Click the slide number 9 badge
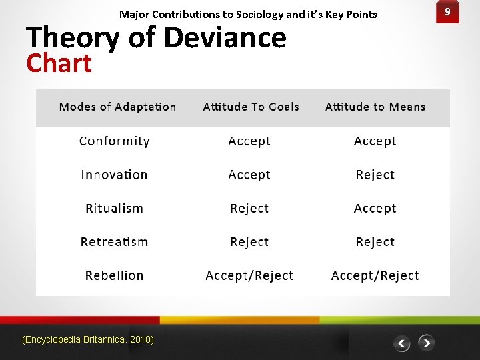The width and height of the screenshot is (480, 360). (x=447, y=13)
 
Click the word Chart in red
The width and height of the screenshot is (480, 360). (x=59, y=63)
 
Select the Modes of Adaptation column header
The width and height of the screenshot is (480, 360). (x=117, y=107)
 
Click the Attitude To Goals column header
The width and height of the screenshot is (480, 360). (x=251, y=107)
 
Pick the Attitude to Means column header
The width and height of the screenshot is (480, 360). (x=375, y=107)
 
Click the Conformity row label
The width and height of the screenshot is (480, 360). (x=115, y=141)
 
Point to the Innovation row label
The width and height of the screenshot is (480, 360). (x=114, y=175)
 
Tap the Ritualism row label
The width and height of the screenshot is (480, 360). (x=114, y=208)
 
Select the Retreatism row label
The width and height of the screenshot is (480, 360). (x=114, y=242)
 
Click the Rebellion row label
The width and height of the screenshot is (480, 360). (x=114, y=275)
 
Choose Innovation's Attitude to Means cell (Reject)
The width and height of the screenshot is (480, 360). (x=375, y=175)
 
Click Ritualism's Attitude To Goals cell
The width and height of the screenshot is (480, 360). (x=249, y=208)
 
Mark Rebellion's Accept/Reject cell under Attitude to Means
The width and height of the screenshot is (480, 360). (x=375, y=275)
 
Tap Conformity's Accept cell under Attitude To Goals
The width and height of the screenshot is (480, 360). (x=249, y=141)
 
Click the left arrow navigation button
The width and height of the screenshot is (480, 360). (x=401, y=343)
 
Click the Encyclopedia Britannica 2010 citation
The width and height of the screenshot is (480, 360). (x=88, y=340)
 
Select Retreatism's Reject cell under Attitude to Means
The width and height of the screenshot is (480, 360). (x=375, y=242)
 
